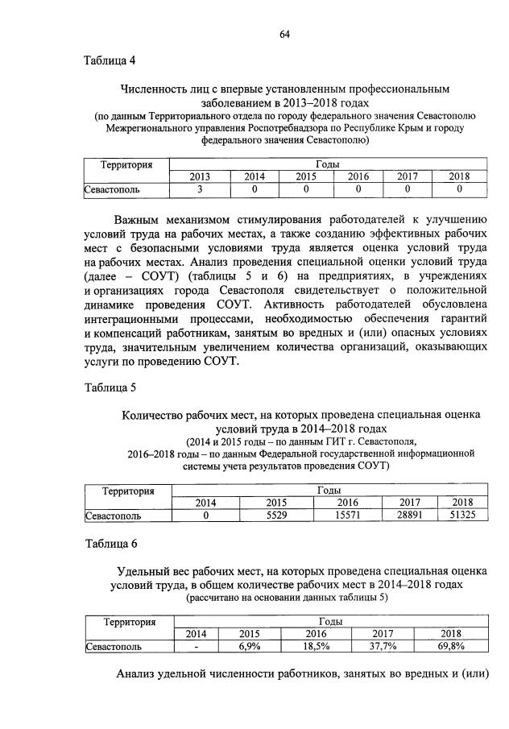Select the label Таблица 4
110,61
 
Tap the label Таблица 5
110,387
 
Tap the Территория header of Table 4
126,164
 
